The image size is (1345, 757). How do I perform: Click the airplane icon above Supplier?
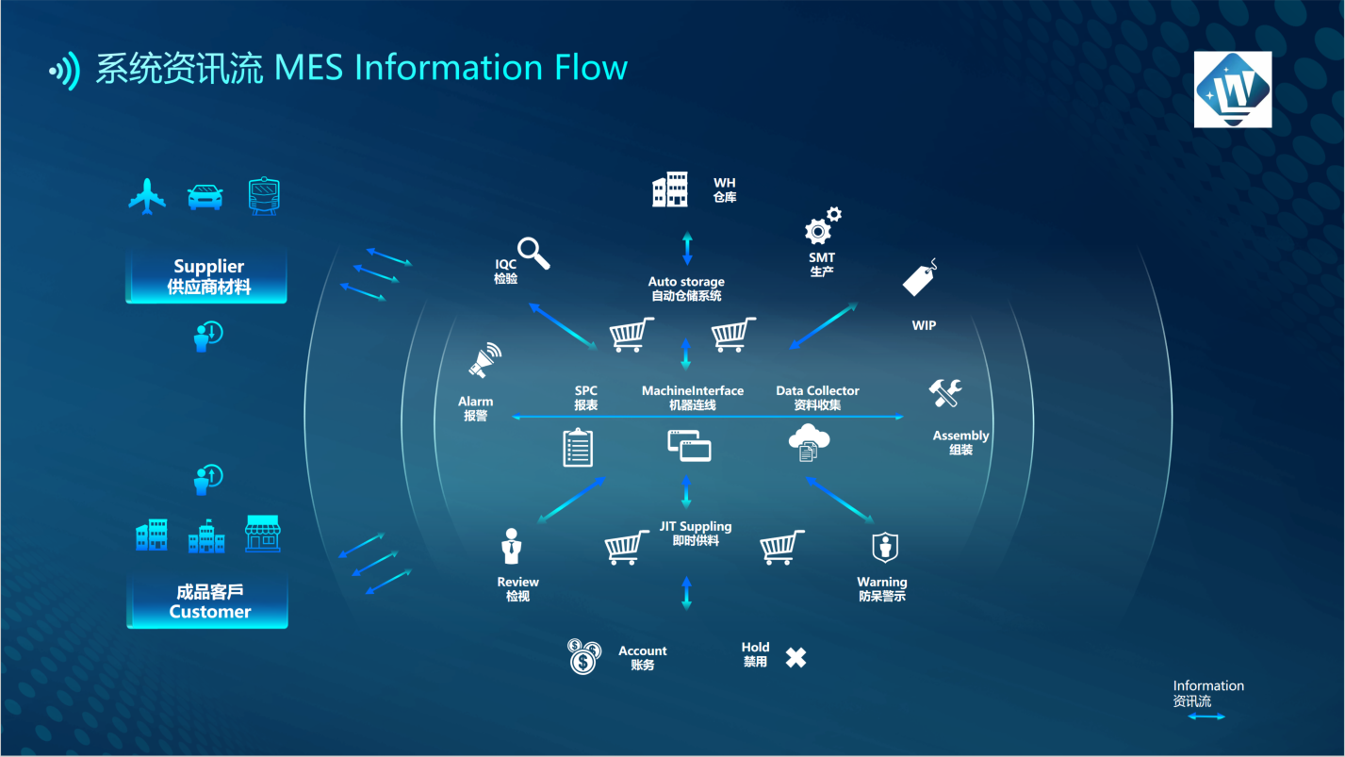(x=146, y=196)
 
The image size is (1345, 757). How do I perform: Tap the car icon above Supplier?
(x=205, y=196)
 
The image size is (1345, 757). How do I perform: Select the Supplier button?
(x=206, y=276)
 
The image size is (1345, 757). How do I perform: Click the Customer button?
(x=207, y=601)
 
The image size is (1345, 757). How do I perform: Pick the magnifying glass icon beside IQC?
(x=533, y=253)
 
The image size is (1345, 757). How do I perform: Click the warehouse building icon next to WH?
(x=670, y=189)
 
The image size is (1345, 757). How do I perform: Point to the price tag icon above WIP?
(x=921, y=279)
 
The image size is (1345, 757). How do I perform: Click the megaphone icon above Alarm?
(x=484, y=361)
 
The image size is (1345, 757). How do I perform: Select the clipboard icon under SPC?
(x=578, y=447)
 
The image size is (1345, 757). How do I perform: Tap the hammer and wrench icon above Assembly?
(x=944, y=392)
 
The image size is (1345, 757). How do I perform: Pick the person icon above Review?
(x=511, y=546)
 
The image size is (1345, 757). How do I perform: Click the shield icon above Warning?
(x=884, y=547)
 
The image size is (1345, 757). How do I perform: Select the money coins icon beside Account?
(x=584, y=656)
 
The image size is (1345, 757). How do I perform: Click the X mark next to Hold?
(x=796, y=657)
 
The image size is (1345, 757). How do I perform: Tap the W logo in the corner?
(x=1232, y=90)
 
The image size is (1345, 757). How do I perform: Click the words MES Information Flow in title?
(x=451, y=68)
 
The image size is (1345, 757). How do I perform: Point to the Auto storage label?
(x=686, y=282)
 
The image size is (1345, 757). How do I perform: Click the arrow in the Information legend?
(x=1206, y=717)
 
